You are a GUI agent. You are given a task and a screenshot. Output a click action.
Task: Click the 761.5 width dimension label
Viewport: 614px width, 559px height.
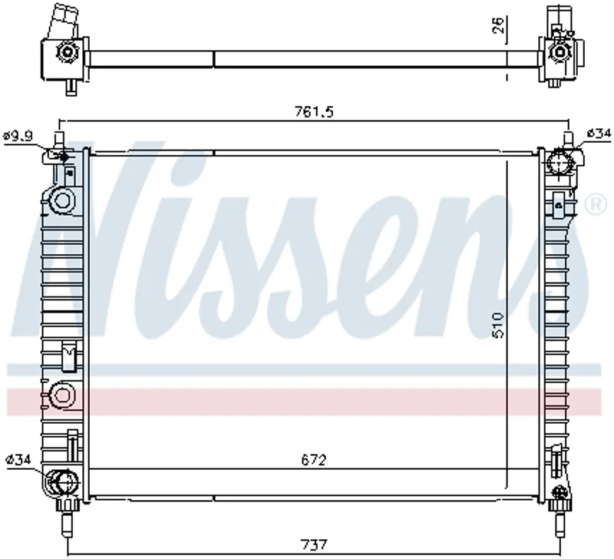(x=314, y=112)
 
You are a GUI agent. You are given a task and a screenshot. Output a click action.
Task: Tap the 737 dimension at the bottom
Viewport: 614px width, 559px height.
(x=314, y=545)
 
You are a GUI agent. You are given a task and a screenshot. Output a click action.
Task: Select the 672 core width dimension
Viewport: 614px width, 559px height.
(x=314, y=459)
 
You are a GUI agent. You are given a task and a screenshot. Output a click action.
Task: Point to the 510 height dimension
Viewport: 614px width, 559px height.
(x=498, y=325)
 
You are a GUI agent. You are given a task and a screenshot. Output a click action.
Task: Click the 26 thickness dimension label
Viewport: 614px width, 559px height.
(x=498, y=25)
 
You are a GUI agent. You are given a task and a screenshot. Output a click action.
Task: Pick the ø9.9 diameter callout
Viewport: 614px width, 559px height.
(x=18, y=136)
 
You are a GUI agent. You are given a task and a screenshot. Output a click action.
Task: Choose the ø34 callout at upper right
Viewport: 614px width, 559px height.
(x=599, y=134)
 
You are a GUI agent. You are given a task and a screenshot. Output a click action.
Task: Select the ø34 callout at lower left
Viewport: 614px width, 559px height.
(x=18, y=458)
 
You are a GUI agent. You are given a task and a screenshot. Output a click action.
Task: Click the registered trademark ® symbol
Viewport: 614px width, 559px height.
(x=596, y=204)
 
